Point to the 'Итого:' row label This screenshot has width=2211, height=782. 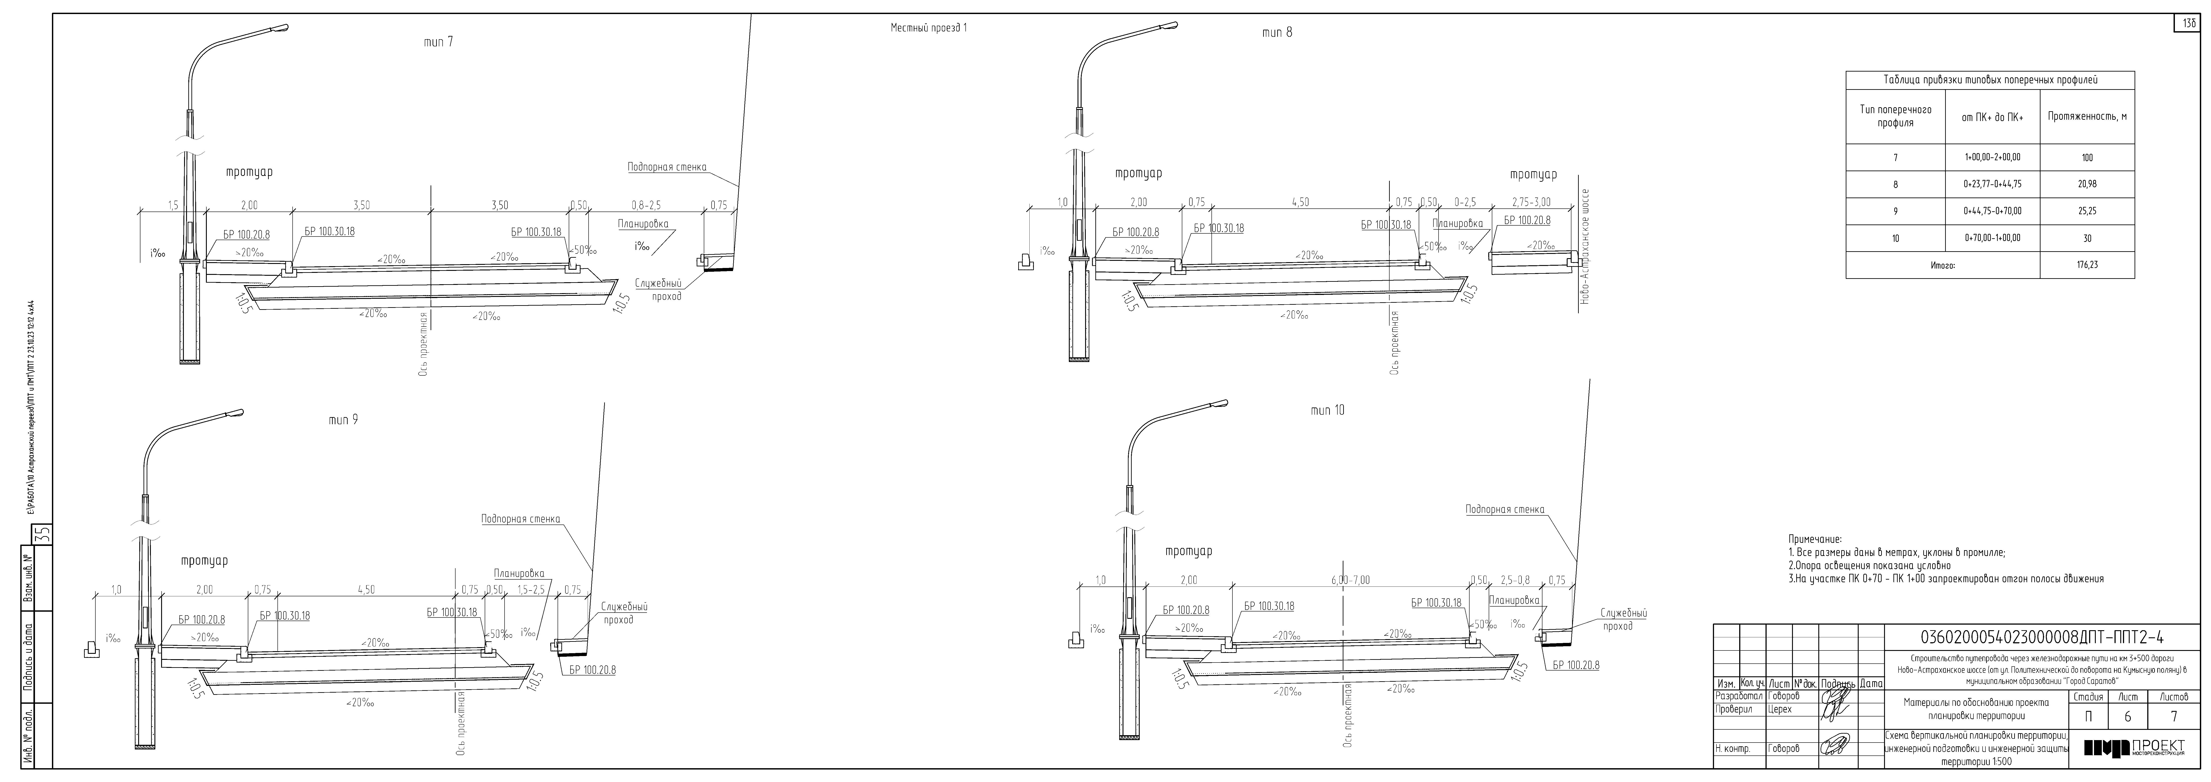tap(1942, 265)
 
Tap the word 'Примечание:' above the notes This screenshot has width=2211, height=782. tap(1815, 539)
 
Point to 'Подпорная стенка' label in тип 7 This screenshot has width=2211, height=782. tap(667, 167)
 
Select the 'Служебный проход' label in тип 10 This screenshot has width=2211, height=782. tap(1623, 620)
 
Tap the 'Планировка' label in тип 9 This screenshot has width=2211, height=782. tap(519, 573)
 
